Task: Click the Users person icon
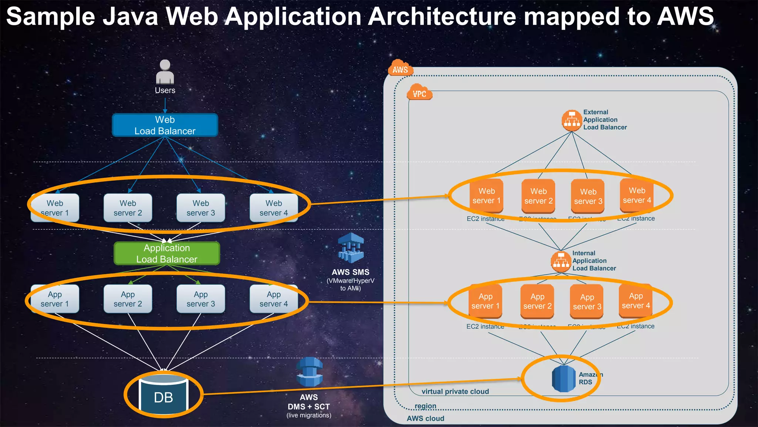pos(165,72)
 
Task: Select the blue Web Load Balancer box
pos(165,125)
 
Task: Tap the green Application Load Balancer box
pos(167,254)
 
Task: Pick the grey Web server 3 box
pos(201,208)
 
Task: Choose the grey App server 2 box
pos(128,299)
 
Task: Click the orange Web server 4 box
pos(637,195)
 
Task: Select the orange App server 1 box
pos(485,301)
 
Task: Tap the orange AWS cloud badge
pos(400,69)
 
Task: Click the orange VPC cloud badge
pos(419,93)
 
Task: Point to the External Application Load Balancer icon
pos(572,120)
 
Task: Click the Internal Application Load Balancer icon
pos(561,261)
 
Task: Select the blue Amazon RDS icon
pos(563,378)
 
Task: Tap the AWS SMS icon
pos(351,248)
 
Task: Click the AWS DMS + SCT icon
pos(309,372)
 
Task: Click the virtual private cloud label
pos(455,391)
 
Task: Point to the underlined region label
pos(425,406)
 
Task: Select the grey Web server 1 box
pos(55,208)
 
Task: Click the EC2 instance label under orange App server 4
pos(635,326)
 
